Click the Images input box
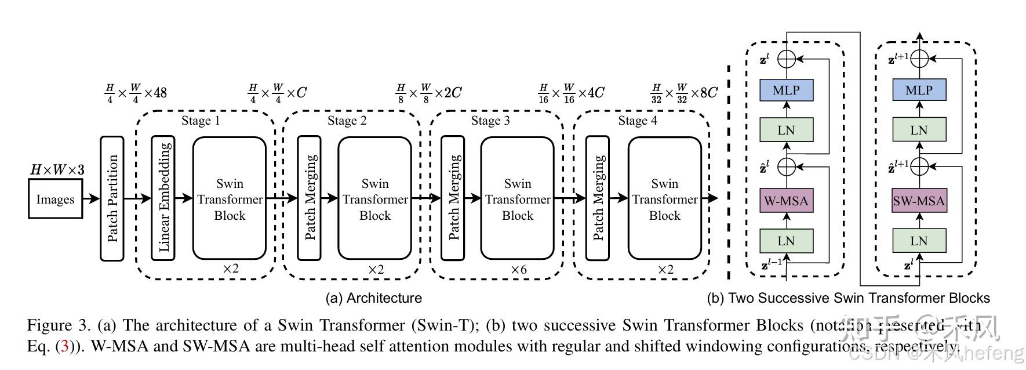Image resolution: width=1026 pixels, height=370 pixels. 55,199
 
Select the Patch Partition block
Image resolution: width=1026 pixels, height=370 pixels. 112,198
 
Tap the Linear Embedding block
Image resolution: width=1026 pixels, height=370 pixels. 163,198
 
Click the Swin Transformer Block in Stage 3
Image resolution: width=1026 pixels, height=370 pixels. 517,198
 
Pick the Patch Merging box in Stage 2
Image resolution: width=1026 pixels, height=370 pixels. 309,198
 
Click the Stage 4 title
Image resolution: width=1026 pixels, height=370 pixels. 638,121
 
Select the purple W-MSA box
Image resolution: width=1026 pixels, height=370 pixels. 786,201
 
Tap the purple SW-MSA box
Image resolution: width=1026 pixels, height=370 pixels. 919,201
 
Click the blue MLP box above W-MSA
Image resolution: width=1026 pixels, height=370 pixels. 786,90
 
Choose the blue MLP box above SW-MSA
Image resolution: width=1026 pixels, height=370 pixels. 919,90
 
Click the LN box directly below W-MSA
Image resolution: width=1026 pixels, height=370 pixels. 786,241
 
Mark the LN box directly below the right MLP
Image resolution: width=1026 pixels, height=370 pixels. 919,130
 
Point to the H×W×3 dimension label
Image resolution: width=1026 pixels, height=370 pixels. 57,170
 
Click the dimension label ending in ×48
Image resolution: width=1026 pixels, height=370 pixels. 136,92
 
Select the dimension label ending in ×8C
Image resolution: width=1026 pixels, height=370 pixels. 684,92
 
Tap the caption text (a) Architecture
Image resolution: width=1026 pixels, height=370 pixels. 373,298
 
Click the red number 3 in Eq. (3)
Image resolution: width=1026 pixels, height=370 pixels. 65,347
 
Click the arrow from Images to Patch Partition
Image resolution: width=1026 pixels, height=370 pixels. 91,199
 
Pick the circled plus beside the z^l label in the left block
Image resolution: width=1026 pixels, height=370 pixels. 786,58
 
